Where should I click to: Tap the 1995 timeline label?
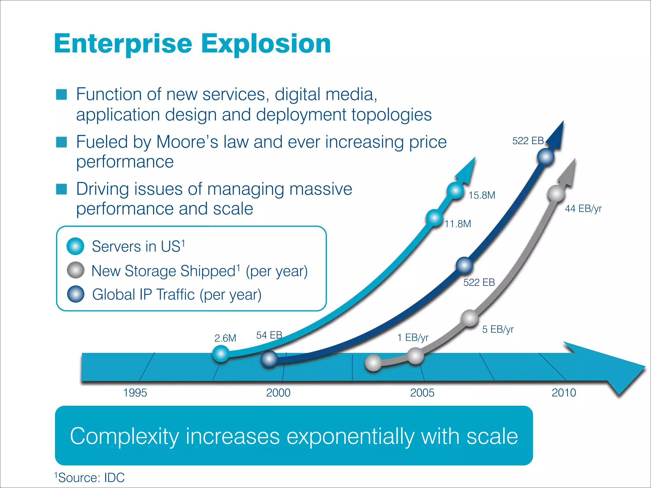pos(135,393)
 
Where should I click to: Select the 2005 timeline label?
pos(422,393)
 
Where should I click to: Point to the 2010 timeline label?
pos(564,393)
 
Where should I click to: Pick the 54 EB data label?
pos(269,335)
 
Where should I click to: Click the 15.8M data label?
pos(482,195)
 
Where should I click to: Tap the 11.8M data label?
pos(458,224)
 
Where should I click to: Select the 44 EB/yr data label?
pos(583,209)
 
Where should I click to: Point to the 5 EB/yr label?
pos(498,329)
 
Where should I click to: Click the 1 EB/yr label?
pos(413,338)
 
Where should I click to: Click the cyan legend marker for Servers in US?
pos(75,246)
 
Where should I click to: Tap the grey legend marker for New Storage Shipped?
pos(76,270)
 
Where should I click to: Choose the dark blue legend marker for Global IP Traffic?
pos(76,294)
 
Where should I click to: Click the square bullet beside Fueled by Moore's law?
pos(61,142)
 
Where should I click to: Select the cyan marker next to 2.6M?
pos(221,354)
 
